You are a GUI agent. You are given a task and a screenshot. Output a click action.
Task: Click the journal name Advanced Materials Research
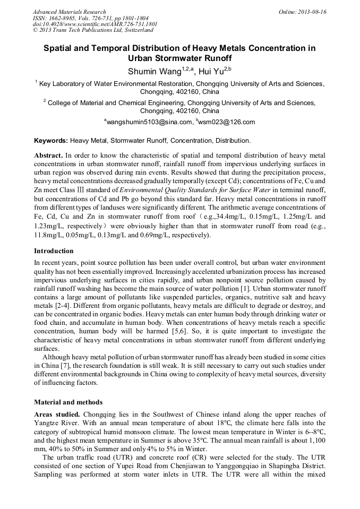tap(69, 12)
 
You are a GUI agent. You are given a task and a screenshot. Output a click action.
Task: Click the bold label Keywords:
tap(51, 141)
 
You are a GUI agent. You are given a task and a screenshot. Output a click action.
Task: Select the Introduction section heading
tap(54, 251)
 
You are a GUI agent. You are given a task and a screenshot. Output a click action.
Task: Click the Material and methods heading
tap(68, 402)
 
